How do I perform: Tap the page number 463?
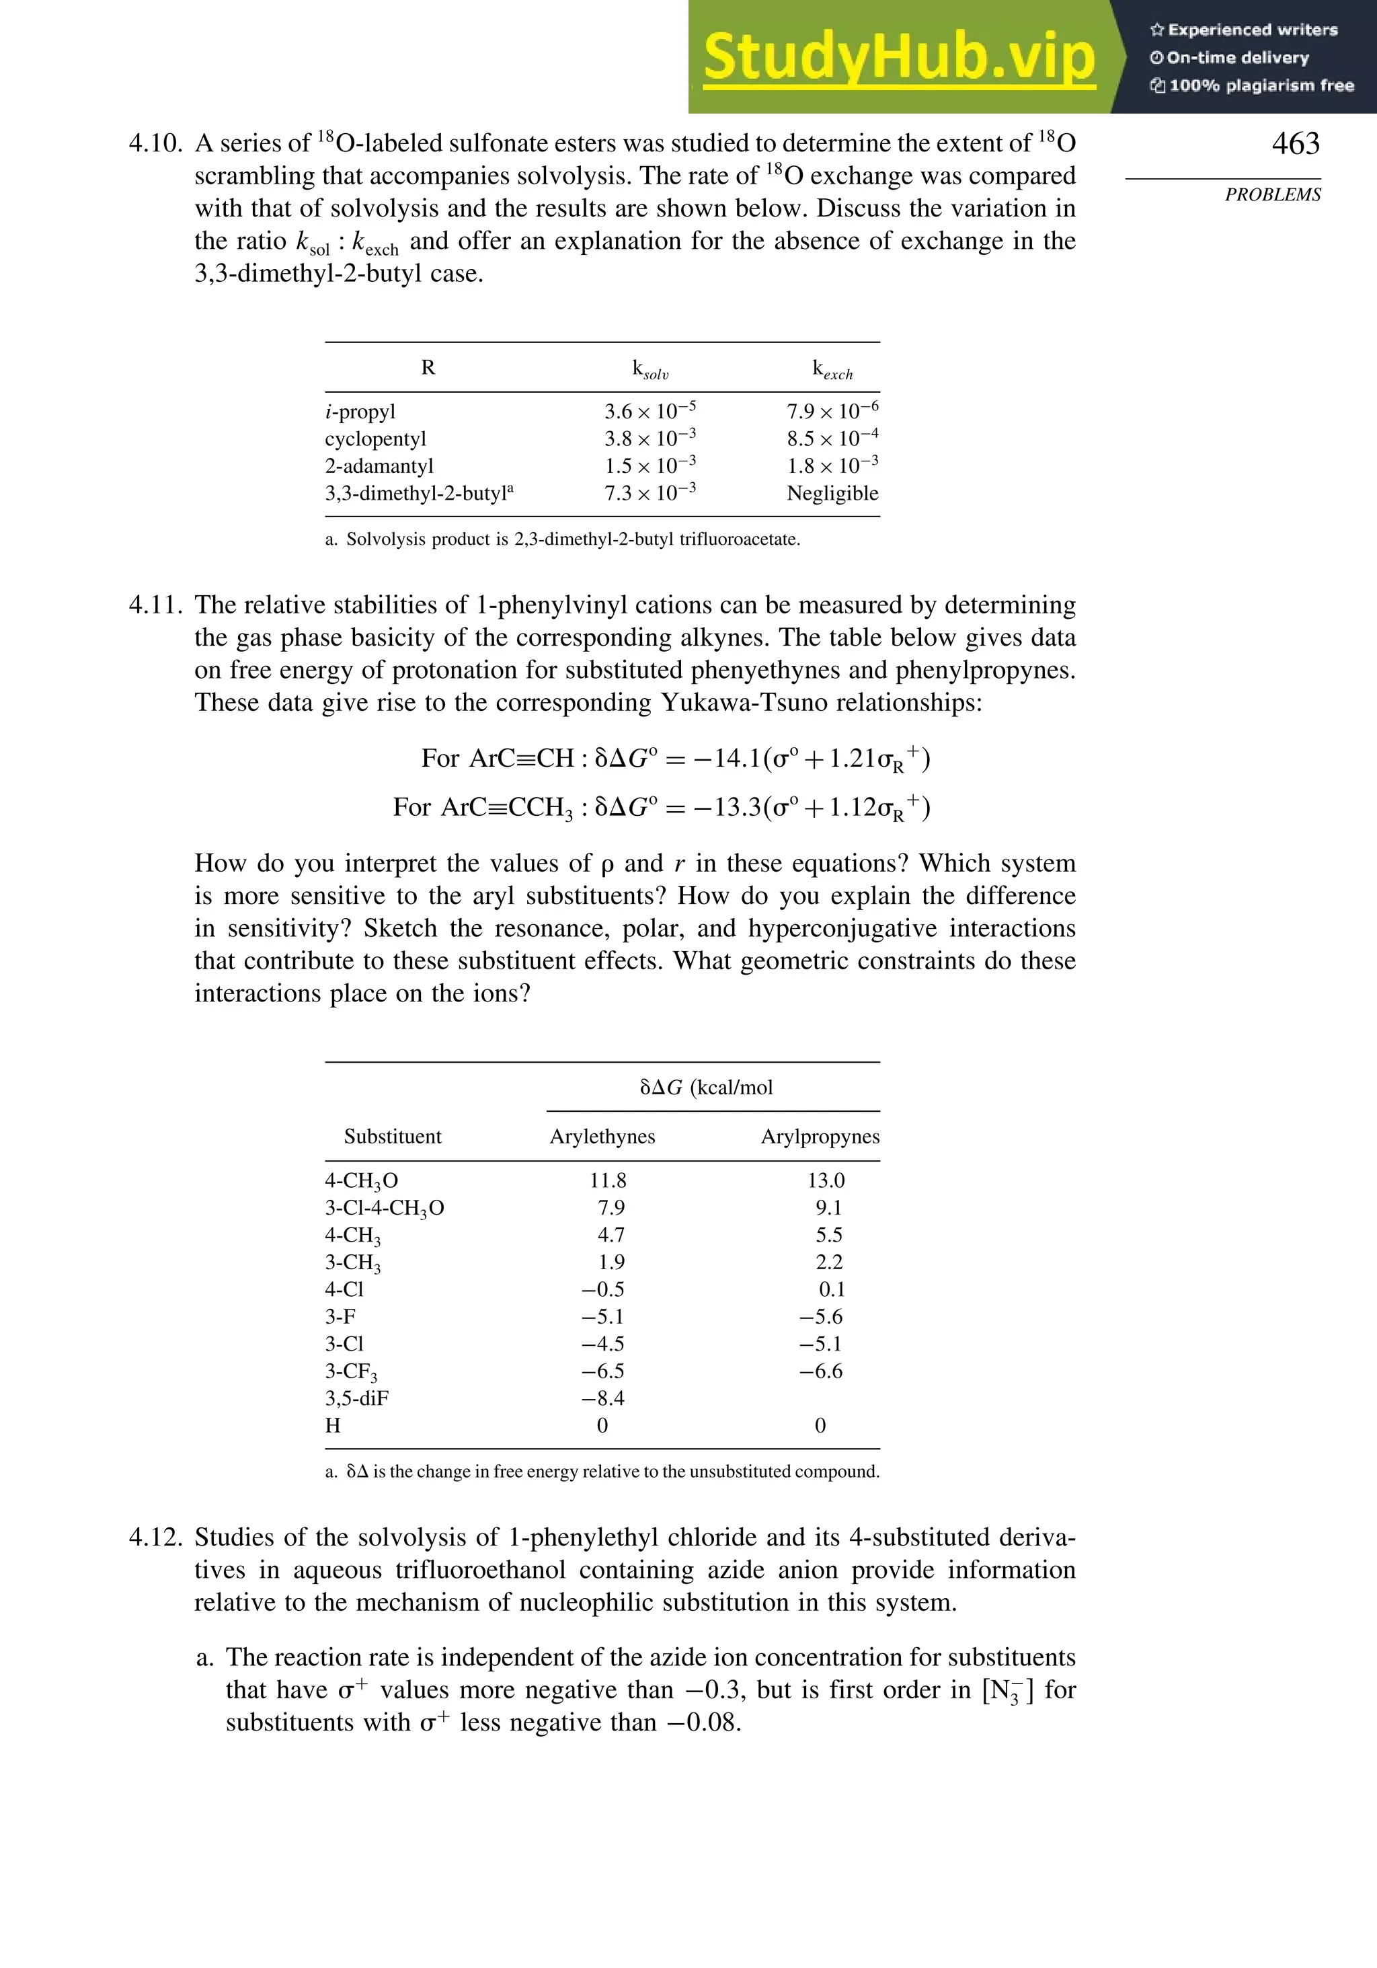coord(1295,143)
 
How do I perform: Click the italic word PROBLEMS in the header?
coord(1273,194)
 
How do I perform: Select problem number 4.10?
coord(155,143)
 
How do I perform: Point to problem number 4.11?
coord(155,605)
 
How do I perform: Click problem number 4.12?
coord(155,1537)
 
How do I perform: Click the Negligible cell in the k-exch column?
coord(832,493)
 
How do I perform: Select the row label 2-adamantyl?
coord(379,465)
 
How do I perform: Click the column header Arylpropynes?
coord(820,1136)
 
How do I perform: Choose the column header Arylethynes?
coord(602,1136)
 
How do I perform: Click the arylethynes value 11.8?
coord(608,1180)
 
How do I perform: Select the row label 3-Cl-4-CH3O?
coord(384,1208)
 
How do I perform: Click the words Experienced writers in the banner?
coord(1252,30)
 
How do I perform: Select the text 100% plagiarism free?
coord(1261,85)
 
